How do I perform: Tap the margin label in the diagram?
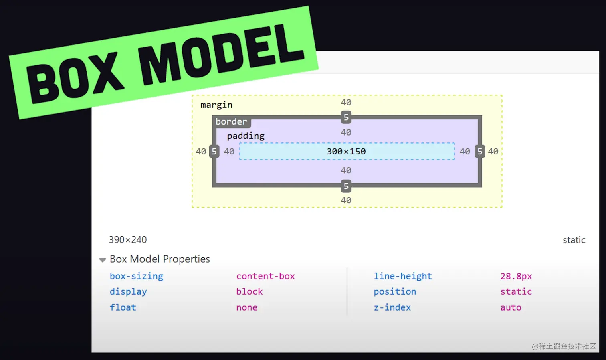click(216, 105)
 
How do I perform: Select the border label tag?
click(232, 121)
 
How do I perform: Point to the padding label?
click(246, 136)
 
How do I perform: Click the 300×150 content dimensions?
click(346, 151)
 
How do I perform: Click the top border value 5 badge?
click(346, 117)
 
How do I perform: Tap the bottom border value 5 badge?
click(346, 186)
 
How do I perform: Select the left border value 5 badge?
click(214, 151)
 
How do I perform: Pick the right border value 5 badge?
click(480, 151)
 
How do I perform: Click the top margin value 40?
click(346, 102)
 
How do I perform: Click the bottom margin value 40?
click(346, 200)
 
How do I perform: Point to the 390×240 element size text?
click(128, 240)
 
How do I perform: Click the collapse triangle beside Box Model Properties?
click(103, 260)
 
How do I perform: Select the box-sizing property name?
click(136, 276)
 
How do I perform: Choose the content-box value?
click(265, 276)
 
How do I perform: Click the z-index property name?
click(392, 307)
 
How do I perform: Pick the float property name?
click(123, 307)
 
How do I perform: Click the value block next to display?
click(249, 291)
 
